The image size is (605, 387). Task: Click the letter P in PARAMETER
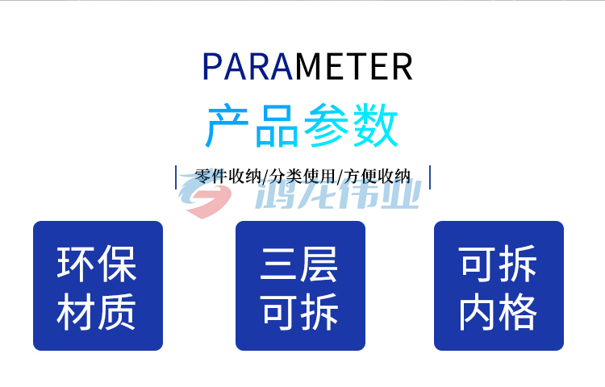(x=211, y=66)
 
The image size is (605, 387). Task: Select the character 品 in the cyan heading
(x=277, y=126)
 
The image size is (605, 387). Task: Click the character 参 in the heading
(x=326, y=125)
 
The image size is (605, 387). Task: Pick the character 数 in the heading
(x=376, y=125)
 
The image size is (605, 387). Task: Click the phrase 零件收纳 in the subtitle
(x=228, y=177)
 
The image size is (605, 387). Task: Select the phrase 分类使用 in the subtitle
(x=302, y=177)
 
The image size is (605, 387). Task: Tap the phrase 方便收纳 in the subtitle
(x=377, y=177)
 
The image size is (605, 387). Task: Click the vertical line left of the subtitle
(x=176, y=177)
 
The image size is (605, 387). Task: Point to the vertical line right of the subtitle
(x=430, y=177)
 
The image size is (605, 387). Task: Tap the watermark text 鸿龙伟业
(x=338, y=194)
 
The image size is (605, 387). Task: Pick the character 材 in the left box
(x=76, y=312)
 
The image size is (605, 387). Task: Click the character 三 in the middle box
(x=278, y=264)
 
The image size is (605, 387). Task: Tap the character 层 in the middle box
(x=319, y=264)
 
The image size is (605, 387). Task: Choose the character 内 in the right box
(x=478, y=312)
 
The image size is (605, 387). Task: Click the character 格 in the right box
(x=518, y=312)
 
